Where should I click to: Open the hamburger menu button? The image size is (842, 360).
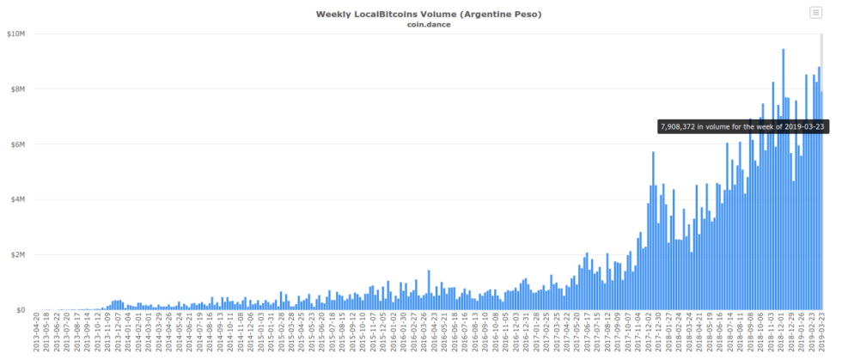pyautogui.click(x=815, y=12)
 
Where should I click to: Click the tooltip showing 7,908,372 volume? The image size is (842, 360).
pyautogui.click(x=743, y=126)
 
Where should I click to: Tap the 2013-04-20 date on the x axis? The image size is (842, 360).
pyautogui.click(x=36, y=335)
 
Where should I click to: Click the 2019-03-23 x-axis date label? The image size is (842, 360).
pyautogui.click(x=822, y=335)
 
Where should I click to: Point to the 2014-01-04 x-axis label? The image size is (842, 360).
pyautogui.click(x=128, y=335)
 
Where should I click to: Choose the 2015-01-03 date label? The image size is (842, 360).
pyautogui.click(x=261, y=335)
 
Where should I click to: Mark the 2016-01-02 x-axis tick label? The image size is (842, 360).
pyautogui.click(x=394, y=335)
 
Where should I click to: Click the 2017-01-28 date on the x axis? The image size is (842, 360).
pyautogui.click(x=537, y=335)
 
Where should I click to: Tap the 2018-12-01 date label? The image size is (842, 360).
pyautogui.click(x=782, y=335)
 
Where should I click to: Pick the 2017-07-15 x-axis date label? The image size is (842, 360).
pyautogui.click(x=598, y=335)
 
